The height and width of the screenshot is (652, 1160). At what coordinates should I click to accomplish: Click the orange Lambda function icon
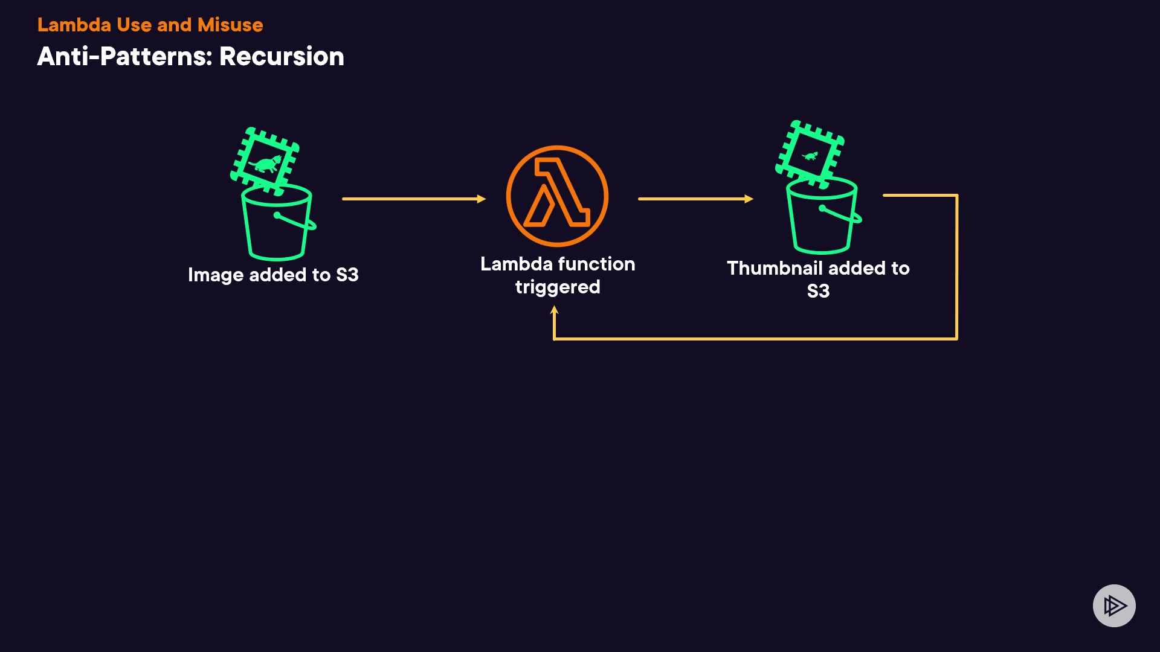[557, 196]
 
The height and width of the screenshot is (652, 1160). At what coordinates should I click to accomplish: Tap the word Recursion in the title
[282, 57]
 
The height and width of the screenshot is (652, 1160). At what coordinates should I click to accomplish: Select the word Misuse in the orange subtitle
[230, 25]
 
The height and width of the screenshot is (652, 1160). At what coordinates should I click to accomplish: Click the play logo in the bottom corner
[1114, 606]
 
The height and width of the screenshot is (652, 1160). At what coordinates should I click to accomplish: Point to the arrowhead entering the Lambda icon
[482, 199]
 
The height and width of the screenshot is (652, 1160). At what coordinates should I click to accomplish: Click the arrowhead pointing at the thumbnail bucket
[749, 199]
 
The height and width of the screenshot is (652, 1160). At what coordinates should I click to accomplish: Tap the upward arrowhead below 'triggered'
[554, 310]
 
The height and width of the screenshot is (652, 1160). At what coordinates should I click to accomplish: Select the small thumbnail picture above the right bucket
[810, 154]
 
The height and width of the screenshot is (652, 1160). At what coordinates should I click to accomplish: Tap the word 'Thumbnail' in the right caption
[775, 268]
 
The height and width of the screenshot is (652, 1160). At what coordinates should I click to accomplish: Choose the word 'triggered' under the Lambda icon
[558, 287]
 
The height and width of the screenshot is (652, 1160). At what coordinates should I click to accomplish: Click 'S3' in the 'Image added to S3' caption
[347, 275]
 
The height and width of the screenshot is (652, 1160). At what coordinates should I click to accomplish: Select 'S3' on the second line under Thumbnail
[818, 291]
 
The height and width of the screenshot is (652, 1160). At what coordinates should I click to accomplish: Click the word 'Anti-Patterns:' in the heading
[124, 57]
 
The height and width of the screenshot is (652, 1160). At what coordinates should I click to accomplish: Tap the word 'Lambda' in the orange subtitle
[74, 25]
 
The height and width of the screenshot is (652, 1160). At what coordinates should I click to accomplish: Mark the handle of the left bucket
[295, 221]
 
